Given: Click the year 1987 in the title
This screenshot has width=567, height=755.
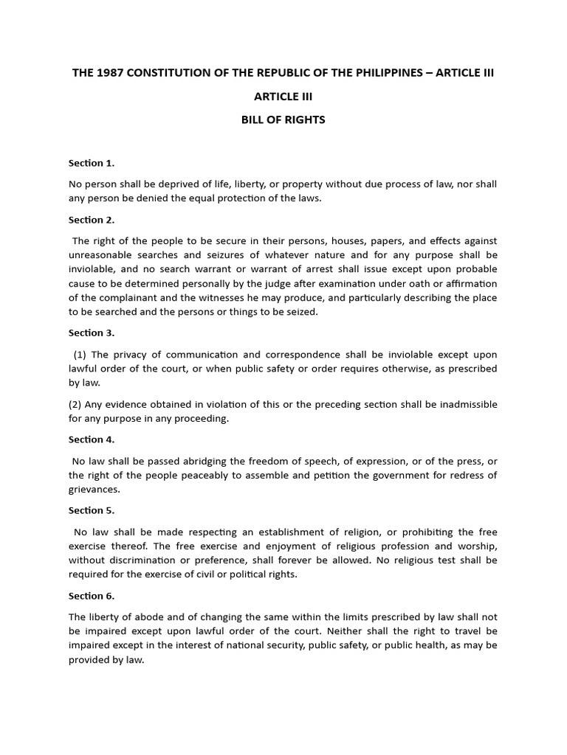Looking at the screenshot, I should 106,73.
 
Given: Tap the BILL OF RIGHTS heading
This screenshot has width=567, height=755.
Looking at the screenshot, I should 283,119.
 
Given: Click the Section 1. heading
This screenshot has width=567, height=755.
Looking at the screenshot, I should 92,163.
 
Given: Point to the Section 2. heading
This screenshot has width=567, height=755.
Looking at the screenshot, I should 92,220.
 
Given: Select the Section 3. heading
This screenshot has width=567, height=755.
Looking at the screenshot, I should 92,333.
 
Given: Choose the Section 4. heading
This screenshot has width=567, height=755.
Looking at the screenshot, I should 92,439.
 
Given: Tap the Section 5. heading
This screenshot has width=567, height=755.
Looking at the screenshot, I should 92,510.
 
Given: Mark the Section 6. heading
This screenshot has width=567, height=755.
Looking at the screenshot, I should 92,596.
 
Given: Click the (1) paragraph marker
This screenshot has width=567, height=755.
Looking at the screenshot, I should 80,355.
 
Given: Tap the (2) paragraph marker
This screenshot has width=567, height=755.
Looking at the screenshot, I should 75,404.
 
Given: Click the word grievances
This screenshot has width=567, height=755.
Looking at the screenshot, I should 94,490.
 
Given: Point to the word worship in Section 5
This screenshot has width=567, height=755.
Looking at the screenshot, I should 478,546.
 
